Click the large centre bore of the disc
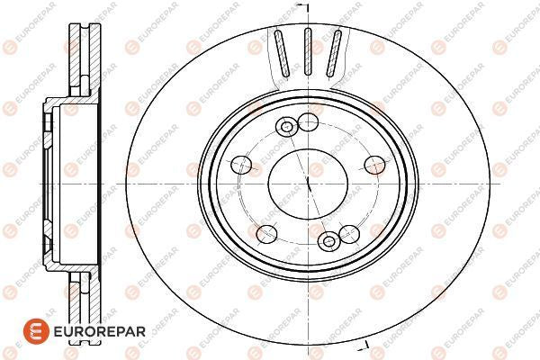tap(308, 184)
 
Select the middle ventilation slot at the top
tap(308, 51)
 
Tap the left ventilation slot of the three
tap(282, 53)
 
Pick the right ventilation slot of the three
tap(334, 53)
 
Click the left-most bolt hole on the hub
tap(241, 165)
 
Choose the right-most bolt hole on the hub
tap(375, 165)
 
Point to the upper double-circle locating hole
tap(286, 127)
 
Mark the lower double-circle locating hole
tap(329, 241)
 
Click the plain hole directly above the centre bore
tap(308, 122)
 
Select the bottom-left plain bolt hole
tap(267, 234)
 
